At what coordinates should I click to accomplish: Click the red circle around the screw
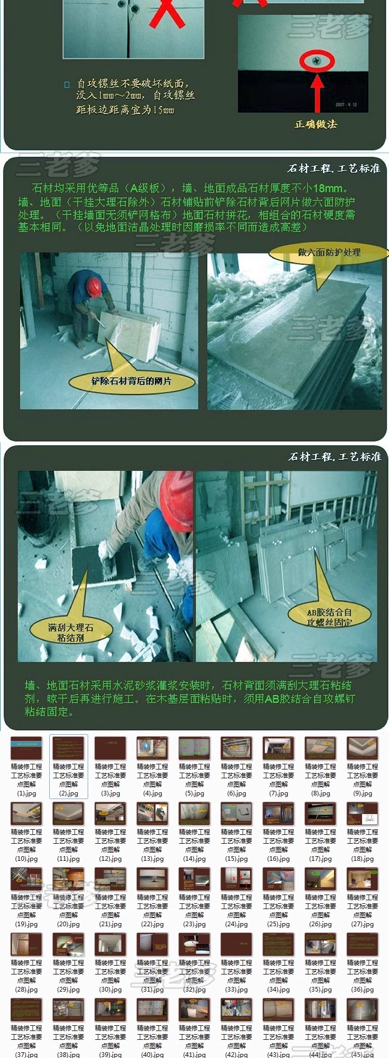[x=316, y=61]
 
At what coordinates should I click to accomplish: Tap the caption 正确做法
[x=316, y=124]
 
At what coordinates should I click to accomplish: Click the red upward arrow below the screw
[x=317, y=90]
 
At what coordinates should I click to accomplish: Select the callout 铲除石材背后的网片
[x=131, y=381]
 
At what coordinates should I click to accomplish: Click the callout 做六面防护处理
[x=329, y=253]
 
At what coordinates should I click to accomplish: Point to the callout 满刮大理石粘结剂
[x=71, y=632]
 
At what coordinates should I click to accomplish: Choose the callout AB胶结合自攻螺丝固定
[x=329, y=617]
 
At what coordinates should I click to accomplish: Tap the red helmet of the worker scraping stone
[x=94, y=286]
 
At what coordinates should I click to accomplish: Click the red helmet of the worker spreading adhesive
[x=177, y=502]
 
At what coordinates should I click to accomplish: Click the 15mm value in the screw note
[x=163, y=110]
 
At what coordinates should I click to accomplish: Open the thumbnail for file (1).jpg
[x=26, y=749]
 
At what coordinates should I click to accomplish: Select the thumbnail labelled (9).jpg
[x=363, y=749]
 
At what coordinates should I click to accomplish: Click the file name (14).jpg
[x=195, y=859]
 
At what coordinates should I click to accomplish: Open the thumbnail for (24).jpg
[x=237, y=880]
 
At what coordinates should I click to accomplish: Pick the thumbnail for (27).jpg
[x=363, y=880]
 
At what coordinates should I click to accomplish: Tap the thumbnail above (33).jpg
[x=237, y=945]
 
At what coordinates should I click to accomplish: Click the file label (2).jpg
[x=68, y=793]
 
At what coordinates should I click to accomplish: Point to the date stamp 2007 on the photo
[x=340, y=104]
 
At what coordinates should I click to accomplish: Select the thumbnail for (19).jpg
[x=26, y=880]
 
